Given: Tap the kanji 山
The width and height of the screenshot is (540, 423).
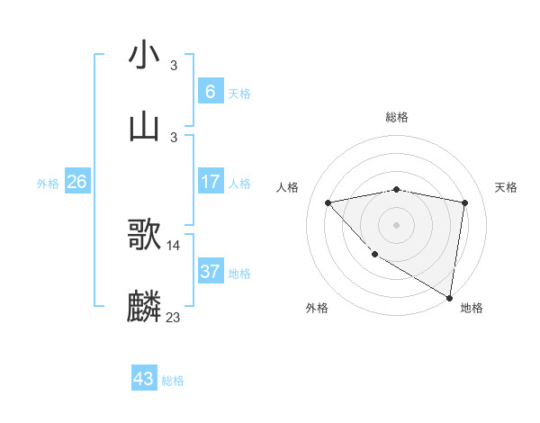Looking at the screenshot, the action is pyautogui.click(x=144, y=126).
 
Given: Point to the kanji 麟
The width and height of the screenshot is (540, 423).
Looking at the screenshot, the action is pyautogui.click(x=144, y=306).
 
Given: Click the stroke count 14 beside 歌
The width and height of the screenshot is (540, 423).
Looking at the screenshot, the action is pyautogui.click(x=174, y=245).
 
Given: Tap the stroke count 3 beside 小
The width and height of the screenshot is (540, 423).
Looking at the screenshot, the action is pyautogui.click(x=174, y=65).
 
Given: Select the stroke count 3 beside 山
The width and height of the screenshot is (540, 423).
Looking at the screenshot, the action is pyautogui.click(x=174, y=136).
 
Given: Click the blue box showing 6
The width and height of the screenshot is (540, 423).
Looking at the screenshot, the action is pyautogui.click(x=210, y=91).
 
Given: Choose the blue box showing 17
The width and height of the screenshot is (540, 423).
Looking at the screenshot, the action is pyautogui.click(x=210, y=182).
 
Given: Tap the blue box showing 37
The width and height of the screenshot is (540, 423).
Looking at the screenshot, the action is pyautogui.click(x=210, y=271).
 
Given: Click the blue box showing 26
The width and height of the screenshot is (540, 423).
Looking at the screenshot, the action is pyautogui.click(x=76, y=182).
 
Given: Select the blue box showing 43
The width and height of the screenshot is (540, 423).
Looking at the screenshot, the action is pyautogui.click(x=144, y=379).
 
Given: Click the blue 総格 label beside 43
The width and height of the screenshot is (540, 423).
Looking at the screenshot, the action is pyautogui.click(x=173, y=381).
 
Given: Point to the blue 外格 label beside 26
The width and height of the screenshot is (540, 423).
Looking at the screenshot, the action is pyautogui.click(x=48, y=184).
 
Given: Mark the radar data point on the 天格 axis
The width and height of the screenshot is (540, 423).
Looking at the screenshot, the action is pyautogui.click(x=464, y=202).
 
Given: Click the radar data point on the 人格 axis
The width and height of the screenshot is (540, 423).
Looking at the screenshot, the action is pyautogui.click(x=328, y=202).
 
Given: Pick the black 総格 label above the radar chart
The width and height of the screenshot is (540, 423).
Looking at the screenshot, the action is pyautogui.click(x=397, y=117).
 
